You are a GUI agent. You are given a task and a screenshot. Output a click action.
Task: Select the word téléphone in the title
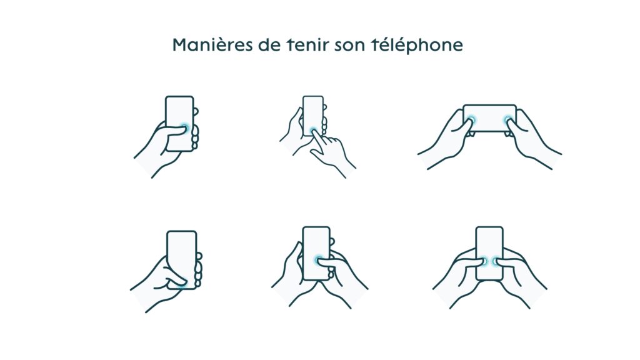(x=417, y=45)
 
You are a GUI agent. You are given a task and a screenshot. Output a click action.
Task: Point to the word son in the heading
(x=350, y=45)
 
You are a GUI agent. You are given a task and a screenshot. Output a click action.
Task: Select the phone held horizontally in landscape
(x=489, y=118)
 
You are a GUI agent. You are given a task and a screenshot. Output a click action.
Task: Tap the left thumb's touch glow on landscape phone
(x=472, y=121)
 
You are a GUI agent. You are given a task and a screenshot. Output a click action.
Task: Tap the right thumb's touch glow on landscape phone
(x=507, y=121)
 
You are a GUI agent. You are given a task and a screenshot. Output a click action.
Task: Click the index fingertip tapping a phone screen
(x=314, y=131)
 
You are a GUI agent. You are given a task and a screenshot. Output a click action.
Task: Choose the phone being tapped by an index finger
(x=313, y=116)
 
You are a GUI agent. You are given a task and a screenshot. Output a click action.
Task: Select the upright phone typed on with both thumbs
(x=489, y=253)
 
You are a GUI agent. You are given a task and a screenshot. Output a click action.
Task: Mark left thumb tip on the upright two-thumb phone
(x=483, y=261)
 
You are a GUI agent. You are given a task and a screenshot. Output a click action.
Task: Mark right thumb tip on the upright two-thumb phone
(x=496, y=261)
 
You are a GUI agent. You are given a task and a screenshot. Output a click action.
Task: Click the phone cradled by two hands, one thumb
(x=316, y=253)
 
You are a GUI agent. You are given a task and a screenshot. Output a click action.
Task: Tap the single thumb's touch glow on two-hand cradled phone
(x=318, y=259)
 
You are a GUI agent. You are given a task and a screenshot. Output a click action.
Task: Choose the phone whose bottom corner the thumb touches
(x=182, y=260)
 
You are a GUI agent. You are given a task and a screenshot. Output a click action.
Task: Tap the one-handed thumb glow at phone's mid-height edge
(x=184, y=128)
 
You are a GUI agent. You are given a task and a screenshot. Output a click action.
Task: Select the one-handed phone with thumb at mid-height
(x=179, y=123)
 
